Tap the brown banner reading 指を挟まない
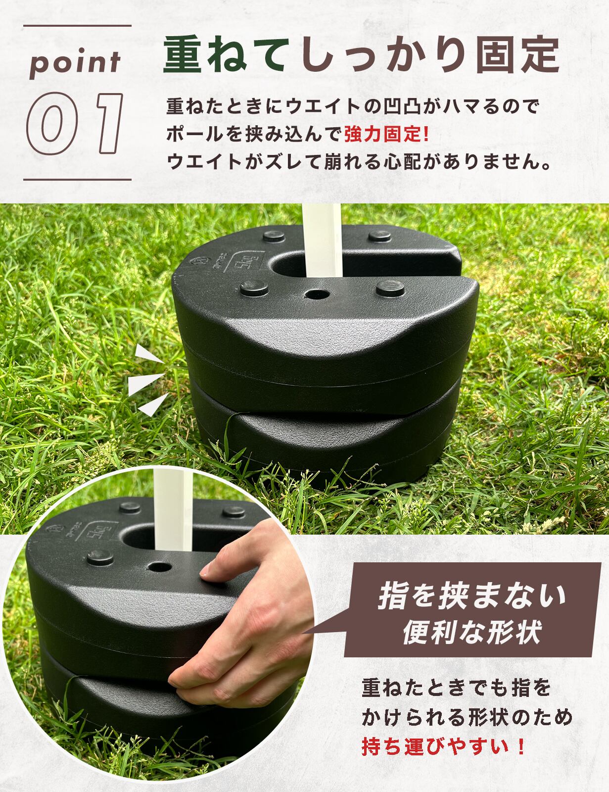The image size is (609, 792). click(x=472, y=596)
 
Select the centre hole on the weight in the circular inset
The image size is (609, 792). click(x=159, y=565)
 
